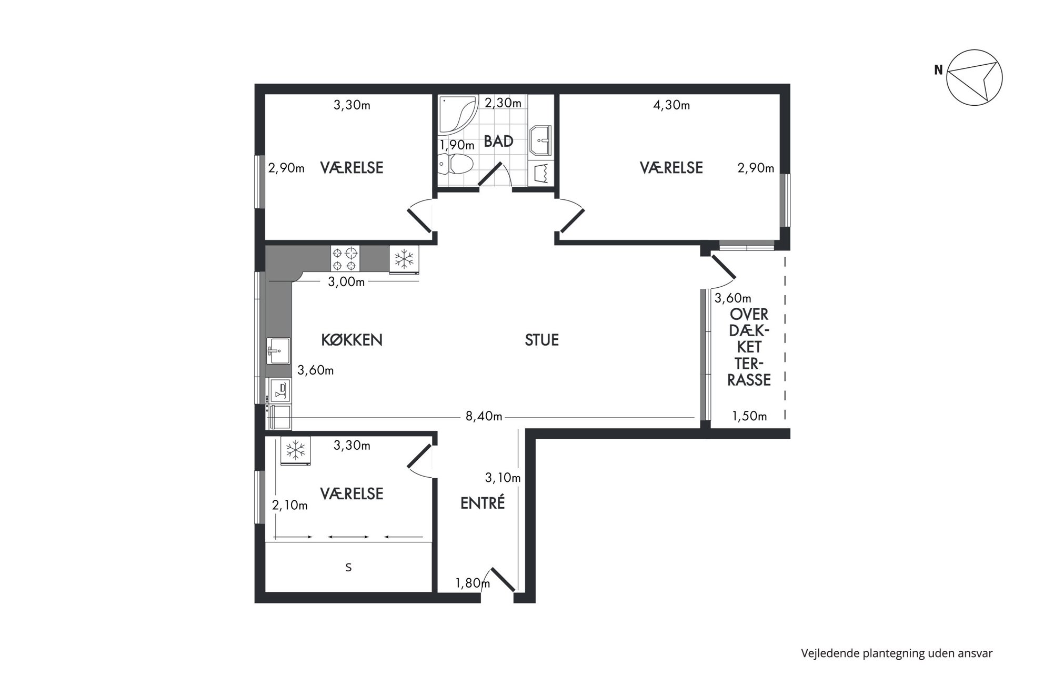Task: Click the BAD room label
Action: coord(498,142)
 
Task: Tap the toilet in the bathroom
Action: coord(456,164)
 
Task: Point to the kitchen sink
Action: coord(278,351)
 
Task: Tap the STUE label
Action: coord(541,340)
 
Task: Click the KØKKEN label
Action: coord(352,340)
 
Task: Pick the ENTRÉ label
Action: coord(483,503)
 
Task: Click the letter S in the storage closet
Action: coord(348,568)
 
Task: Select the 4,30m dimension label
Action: coord(671,105)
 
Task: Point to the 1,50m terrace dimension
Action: coord(749,416)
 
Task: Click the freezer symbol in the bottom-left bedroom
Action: coord(295,451)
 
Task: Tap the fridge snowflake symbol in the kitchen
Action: coord(404,260)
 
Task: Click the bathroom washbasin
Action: coord(540,140)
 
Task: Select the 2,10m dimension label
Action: coord(290,506)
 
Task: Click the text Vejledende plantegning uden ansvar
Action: coord(897,653)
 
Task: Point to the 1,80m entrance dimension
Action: coord(473,583)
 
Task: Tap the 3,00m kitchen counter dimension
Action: coord(346,282)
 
